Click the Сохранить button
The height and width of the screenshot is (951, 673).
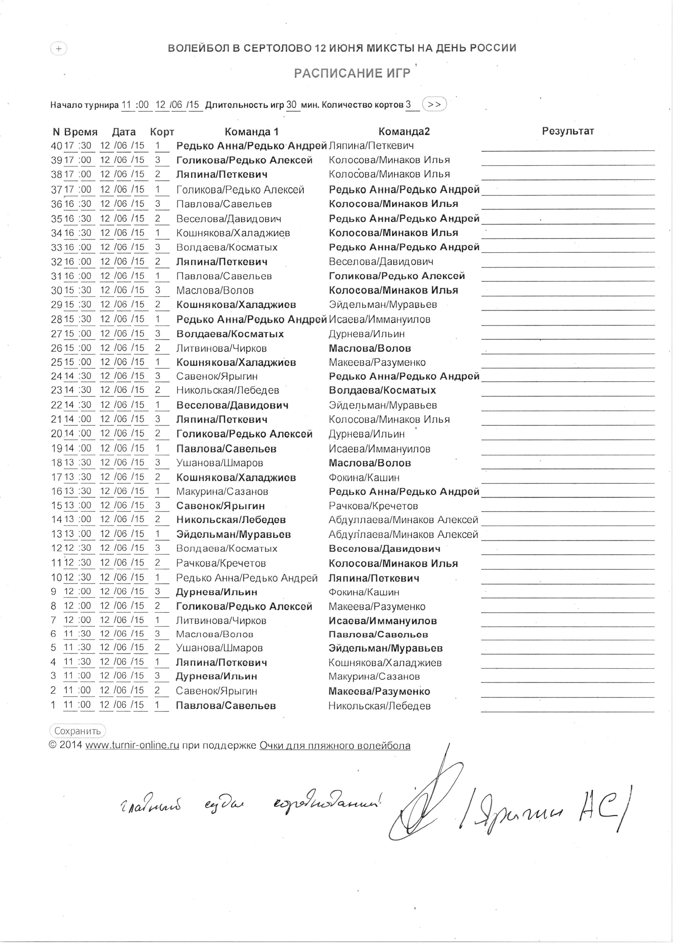[x=78, y=731]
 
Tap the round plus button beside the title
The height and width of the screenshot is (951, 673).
[x=59, y=49]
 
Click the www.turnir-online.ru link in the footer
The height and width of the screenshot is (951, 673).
[x=132, y=745]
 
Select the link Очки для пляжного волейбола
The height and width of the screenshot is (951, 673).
[x=335, y=745]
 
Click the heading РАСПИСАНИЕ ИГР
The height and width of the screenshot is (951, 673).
[x=352, y=73]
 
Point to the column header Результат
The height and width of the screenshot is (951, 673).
[x=568, y=131]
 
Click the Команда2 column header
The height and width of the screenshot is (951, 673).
[x=404, y=132]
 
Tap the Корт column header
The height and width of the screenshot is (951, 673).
[x=162, y=132]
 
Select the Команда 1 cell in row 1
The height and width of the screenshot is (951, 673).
[x=226, y=705]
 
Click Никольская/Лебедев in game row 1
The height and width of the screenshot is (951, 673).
[x=379, y=706]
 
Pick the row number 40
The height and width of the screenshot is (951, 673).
[x=56, y=146]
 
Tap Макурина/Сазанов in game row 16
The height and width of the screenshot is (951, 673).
[x=222, y=492]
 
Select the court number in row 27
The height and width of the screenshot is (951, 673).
[x=158, y=334]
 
